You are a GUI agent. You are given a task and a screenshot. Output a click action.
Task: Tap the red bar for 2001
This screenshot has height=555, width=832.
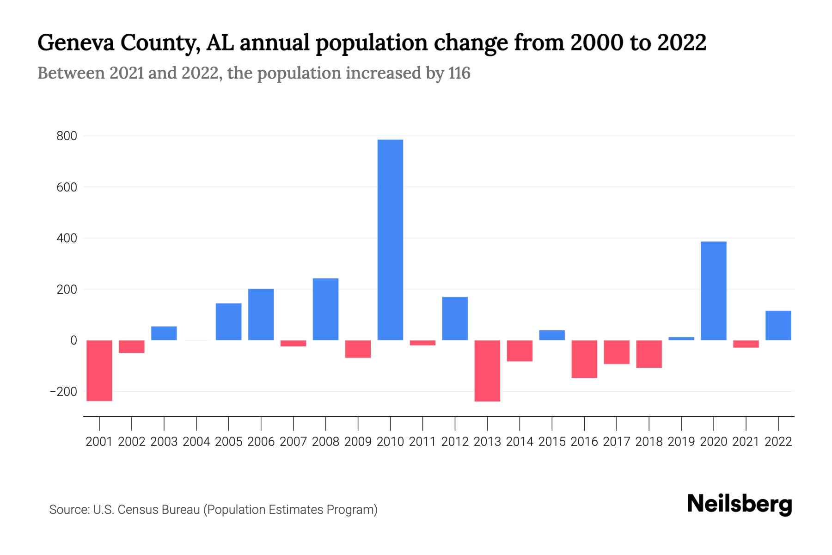(99, 370)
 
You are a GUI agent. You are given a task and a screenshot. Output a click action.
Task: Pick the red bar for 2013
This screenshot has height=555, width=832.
(487, 370)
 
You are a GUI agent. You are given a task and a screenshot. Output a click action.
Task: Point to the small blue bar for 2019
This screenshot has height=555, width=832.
(681, 339)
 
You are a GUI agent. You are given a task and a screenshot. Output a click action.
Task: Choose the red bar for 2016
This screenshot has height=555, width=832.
(584, 359)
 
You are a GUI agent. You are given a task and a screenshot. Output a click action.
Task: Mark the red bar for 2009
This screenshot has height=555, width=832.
(358, 349)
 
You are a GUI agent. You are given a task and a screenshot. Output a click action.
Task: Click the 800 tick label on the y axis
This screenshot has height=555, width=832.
(67, 136)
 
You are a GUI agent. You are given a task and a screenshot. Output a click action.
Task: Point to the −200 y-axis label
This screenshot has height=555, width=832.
(63, 392)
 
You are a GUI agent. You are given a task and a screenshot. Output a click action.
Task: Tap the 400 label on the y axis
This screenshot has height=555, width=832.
(67, 238)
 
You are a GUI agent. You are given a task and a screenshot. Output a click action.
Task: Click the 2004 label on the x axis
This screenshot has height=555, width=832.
(196, 442)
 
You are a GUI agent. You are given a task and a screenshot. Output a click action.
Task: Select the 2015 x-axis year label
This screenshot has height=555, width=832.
(552, 442)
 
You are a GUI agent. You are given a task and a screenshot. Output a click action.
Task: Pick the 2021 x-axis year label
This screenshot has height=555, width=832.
(746, 442)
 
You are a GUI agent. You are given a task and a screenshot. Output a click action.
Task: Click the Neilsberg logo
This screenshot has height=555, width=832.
(740, 504)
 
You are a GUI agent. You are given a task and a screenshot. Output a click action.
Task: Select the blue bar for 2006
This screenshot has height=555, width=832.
(261, 314)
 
